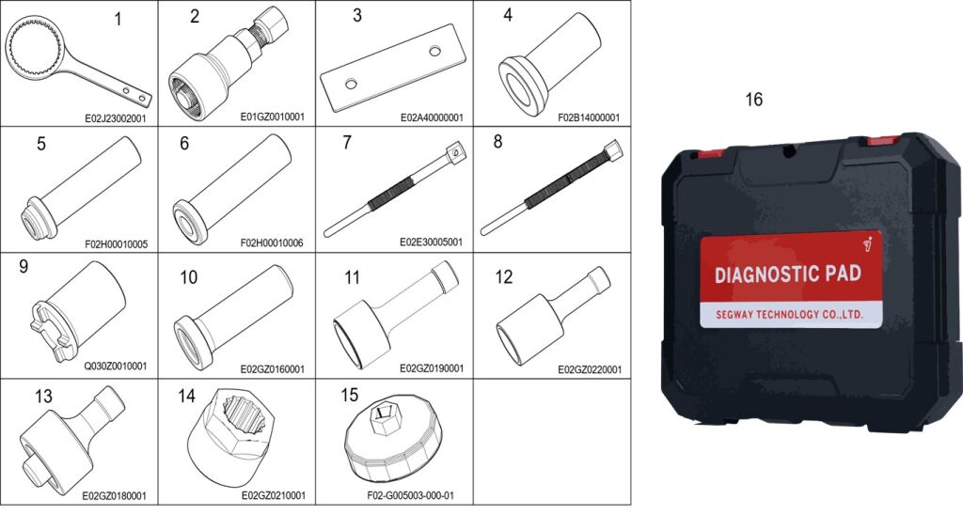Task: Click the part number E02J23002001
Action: [115, 117]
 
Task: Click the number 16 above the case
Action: [753, 99]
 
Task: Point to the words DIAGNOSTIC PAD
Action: [787, 273]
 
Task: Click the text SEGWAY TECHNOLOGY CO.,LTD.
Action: [789, 315]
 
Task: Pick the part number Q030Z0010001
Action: [116, 366]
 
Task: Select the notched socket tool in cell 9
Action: [77, 310]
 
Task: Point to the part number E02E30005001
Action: [431, 242]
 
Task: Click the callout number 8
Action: [497, 142]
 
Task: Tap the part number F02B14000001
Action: [589, 117]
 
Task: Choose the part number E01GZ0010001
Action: [272, 117]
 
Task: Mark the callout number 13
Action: [43, 397]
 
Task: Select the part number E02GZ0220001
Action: [590, 369]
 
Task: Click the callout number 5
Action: [41, 144]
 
